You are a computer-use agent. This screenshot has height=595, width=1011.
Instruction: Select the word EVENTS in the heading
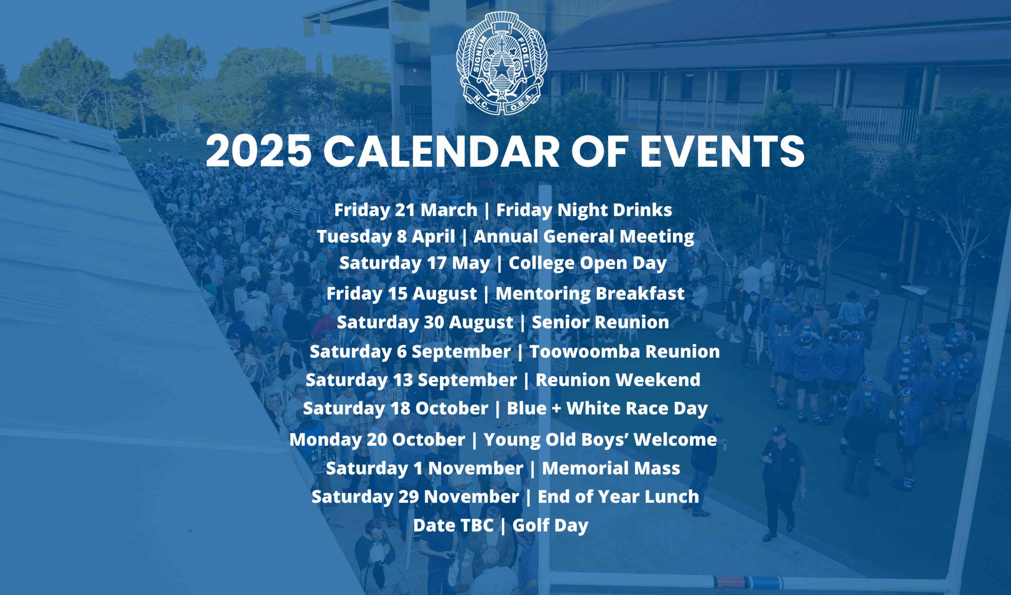point(722,151)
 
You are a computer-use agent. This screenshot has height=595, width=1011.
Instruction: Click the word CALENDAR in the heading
point(441,151)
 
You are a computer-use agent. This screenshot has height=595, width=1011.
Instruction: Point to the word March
point(449,210)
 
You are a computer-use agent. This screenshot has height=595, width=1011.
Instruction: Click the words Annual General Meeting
point(584,237)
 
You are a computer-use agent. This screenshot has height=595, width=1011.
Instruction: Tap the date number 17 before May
point(436,264)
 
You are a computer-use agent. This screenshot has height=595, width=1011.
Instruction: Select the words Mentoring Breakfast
point(590,294)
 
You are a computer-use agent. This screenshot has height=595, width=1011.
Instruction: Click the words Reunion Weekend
point(618,380)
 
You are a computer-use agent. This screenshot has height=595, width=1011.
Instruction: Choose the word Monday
point(325,440)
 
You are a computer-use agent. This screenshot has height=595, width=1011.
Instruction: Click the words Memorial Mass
point(611,469)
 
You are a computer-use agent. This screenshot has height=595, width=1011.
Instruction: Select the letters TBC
point(477,525)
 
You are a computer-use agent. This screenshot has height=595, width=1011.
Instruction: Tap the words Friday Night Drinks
point(584,210)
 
